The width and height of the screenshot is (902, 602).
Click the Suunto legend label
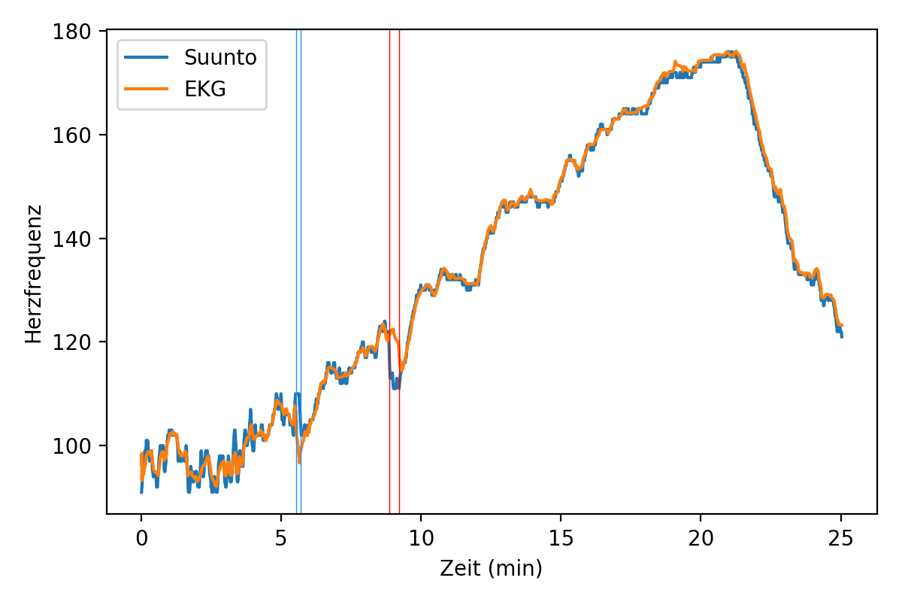click(x=220, y=58)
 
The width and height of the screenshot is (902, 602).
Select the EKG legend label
click(x=205, y=90)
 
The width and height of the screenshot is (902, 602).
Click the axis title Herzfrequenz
click(x=33, y=273)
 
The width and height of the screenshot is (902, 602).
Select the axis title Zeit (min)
click(x=491, y=569)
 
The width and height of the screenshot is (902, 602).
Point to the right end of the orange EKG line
click(x=842, y=325)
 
